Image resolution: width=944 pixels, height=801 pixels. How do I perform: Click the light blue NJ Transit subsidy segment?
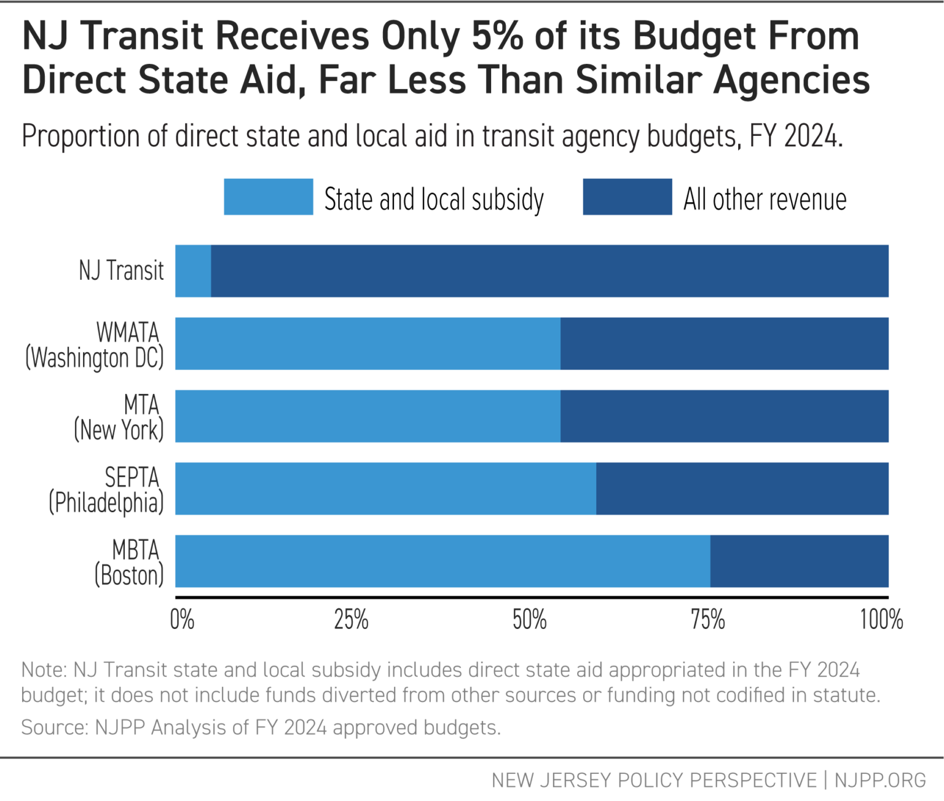[193, 271]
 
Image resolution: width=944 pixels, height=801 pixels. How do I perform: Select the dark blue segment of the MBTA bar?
[799, 561]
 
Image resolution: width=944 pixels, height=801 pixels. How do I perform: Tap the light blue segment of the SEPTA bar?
[385, 489]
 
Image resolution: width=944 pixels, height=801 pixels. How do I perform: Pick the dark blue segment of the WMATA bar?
[724, 344]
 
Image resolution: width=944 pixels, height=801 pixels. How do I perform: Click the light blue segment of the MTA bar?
[368, 416]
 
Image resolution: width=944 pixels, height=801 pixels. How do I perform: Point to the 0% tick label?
[182, 620]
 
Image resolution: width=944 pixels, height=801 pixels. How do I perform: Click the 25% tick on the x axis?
[351, 620]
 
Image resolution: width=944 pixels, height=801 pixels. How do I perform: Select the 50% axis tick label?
[530, 620]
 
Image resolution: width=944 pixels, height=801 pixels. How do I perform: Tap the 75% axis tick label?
[708, 620]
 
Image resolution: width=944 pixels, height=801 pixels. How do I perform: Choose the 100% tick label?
[881, 620]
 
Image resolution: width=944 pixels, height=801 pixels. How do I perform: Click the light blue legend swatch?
[268, 197]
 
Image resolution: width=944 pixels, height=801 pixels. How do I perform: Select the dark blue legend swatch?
[627, 197]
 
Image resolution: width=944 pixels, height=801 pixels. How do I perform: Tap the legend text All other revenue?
[765, 200]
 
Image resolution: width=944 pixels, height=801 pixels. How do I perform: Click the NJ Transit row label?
[121, 271]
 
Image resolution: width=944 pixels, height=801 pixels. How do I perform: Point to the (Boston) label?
[129, 575]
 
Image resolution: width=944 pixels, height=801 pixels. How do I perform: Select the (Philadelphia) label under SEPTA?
[106, 503]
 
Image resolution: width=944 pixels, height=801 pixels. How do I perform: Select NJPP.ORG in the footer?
[879, 780]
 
